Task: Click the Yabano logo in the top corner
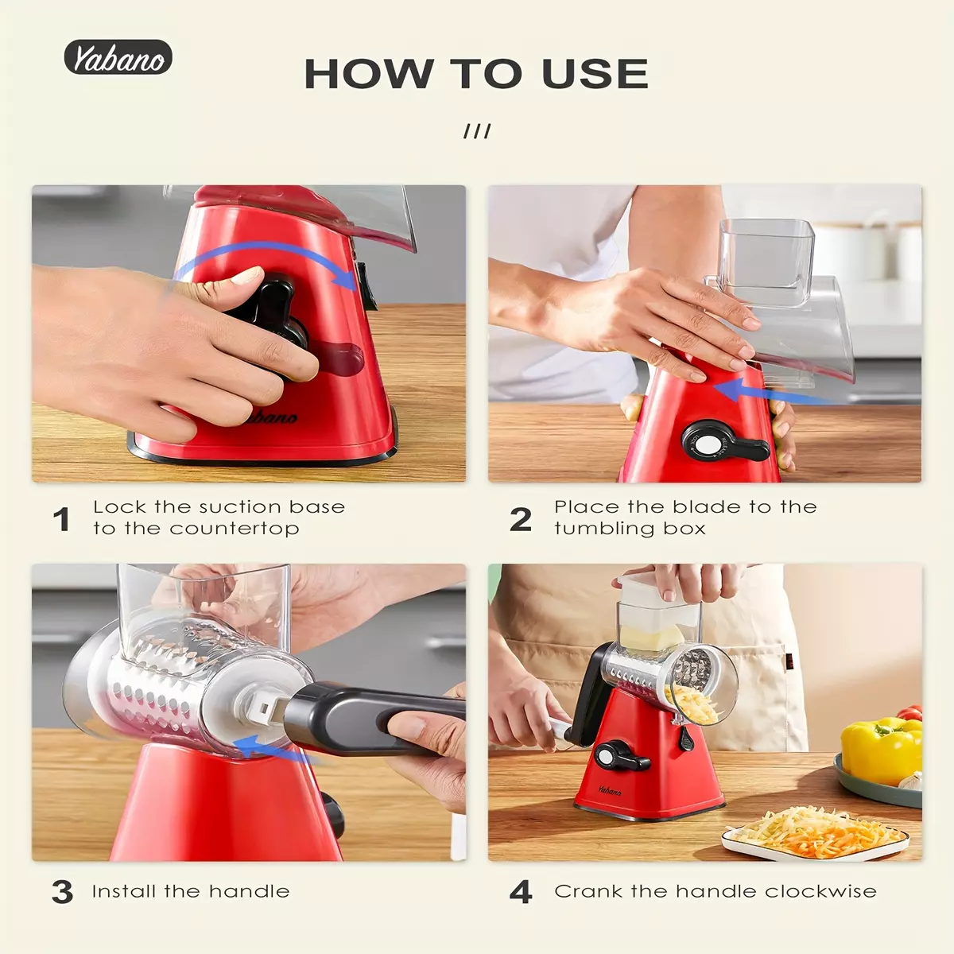tap(118, 57)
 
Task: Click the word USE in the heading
tap(595, 73)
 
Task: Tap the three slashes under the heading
tap(477, 131)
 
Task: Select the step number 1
tap(61, 519)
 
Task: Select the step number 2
tap(520, 519)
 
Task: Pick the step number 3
tap(62, 892)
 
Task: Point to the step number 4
tap(520, 892)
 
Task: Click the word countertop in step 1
tap(235, 529)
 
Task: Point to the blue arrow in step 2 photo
tap(772, 392)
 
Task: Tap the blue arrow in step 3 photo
tap(270, 748)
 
